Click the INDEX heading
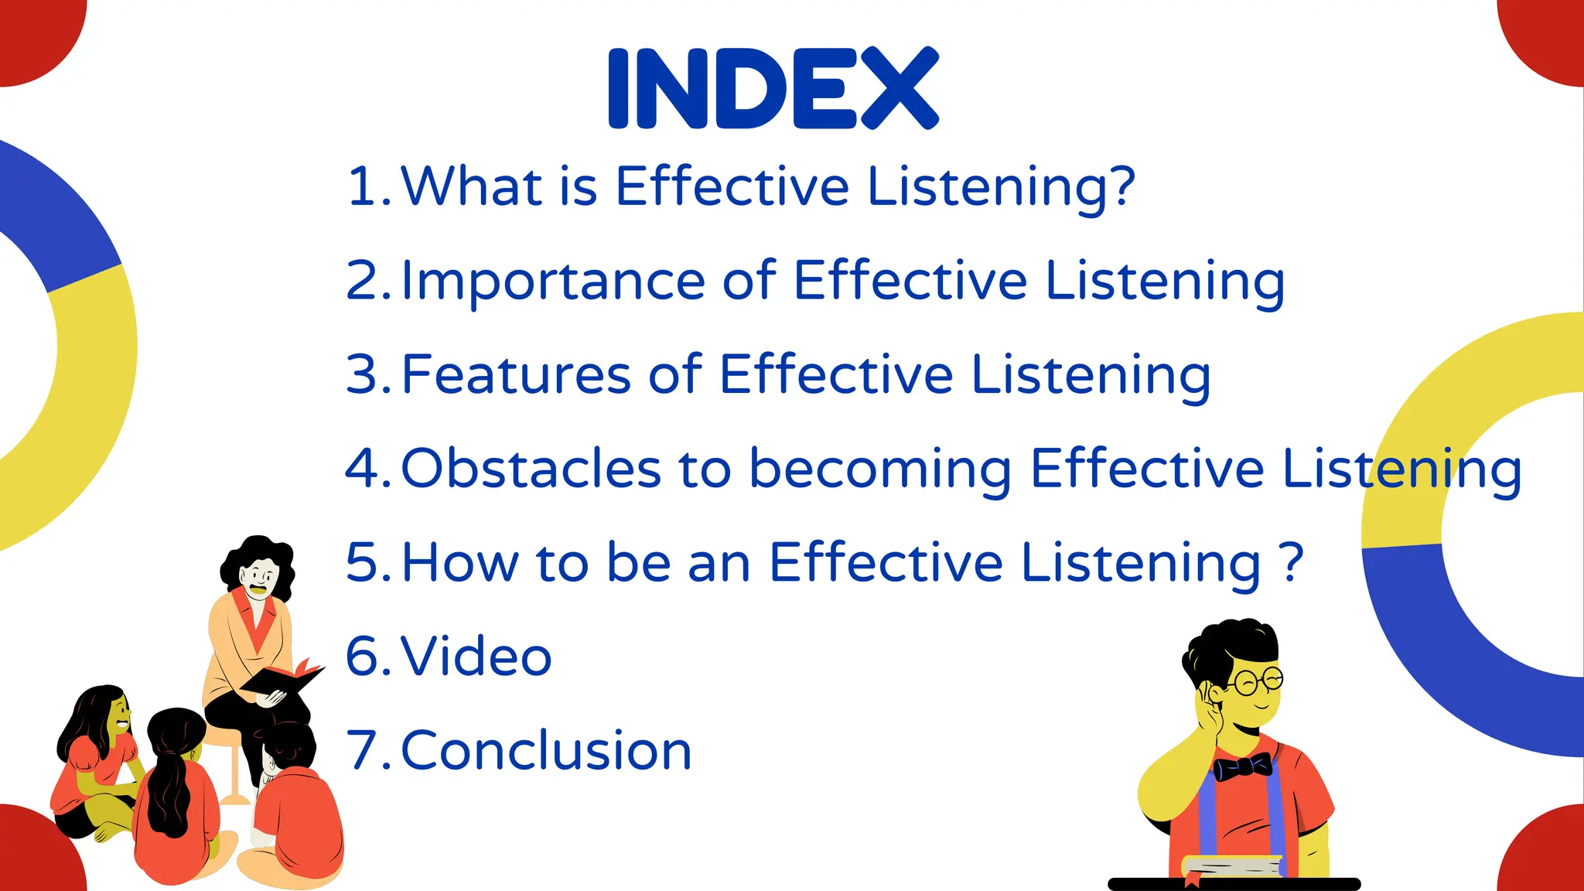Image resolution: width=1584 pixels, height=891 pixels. pos(773,87)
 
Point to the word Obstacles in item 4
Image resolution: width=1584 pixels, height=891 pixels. pos(531,469)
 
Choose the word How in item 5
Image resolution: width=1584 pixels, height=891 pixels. pos(460,562)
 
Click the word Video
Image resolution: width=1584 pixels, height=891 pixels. pos(476,657)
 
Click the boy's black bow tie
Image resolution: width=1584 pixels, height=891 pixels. pos(1242,767)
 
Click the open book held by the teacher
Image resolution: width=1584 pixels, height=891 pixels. pos(282,679)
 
